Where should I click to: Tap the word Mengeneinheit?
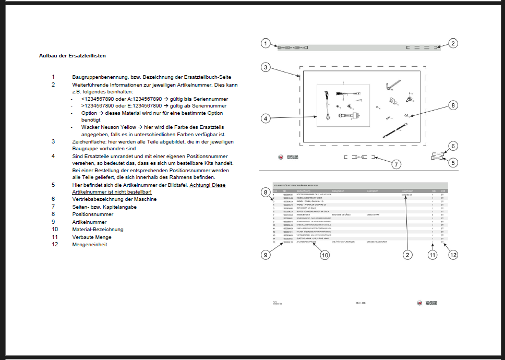tap(89, 244)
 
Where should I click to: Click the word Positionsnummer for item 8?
tap(92, 214)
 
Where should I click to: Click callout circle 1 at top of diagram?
tap(266, 44)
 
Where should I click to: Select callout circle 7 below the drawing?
tap(396, 164)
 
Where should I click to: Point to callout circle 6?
tap(453, 146)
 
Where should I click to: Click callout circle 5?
tap(453, 162)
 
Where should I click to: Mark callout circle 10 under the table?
tap(324, 255)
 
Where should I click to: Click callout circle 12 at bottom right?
tap(453, 255)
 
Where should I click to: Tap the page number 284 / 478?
tap(361, 303)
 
